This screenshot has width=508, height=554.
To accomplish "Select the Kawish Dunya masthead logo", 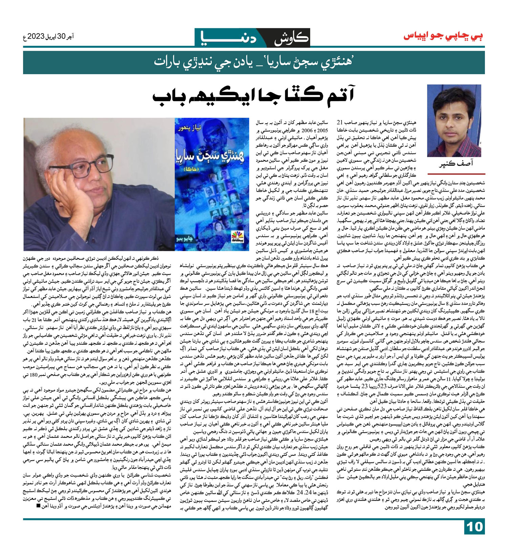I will [253, 37].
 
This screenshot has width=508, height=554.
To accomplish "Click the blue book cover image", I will [212, 184].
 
